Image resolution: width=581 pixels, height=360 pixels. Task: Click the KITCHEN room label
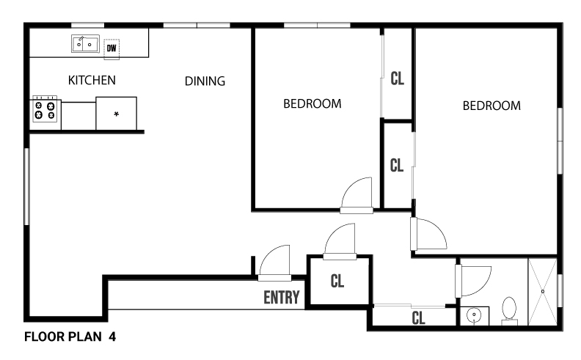pyautogui.click(x=92, y=80)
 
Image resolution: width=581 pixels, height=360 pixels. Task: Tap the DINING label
pyautogui.click(x=205, y=81)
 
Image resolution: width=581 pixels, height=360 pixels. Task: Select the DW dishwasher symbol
pyautogui.click(x=112, y=49)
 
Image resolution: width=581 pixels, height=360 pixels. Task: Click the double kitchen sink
pyautogui.click(x=85, y=44)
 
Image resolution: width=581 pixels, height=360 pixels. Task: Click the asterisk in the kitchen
pyautogui.click(x=117, y=114)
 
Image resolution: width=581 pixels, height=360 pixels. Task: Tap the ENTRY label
pyautogui.click(x=282, y=298)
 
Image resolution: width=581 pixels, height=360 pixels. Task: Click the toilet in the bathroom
pyautogui.click(x=509, y=309)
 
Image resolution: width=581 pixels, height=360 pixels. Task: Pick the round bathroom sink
pyautogui.click(x=474, y=315)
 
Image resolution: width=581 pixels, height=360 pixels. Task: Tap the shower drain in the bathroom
pyautogui.click(x=542, y=292)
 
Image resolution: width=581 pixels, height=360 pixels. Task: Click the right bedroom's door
pyautogui.click(x=428, y=234)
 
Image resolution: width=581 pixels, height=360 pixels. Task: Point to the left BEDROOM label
pyautogui.click(x=313, y=103)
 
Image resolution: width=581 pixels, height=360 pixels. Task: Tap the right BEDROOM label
pyautogui.click(x=492, y=106)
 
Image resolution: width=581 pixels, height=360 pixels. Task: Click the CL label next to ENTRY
pyautogui.click(x=337, y=281)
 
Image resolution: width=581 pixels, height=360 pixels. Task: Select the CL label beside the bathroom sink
pyautogui.click(x=418, y=318)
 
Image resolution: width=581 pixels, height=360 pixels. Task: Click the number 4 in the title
pyautogui.click(x=112, y=337)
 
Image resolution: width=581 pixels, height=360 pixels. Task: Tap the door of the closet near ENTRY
pyautogui.click(x=340, y=240)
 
